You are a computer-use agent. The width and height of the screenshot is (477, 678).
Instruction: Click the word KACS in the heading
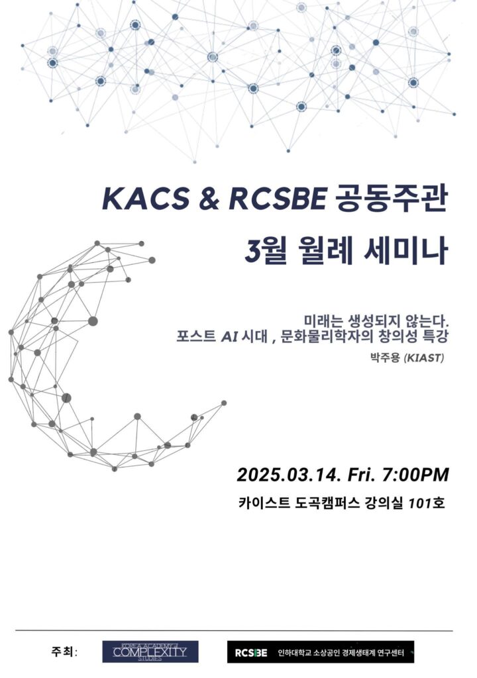click(145, 199)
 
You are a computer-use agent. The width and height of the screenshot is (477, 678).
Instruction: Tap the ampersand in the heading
click(209, 200)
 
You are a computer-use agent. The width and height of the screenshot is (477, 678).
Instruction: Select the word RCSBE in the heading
click(277, 199)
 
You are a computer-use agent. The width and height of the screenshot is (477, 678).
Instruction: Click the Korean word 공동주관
click(390, 199)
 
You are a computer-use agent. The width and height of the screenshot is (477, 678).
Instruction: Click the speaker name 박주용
click(384, 358)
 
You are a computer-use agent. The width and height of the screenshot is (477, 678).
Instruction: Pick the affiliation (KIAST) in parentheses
click(423, 358)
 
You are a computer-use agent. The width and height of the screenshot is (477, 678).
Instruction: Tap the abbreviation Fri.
click(361, 475)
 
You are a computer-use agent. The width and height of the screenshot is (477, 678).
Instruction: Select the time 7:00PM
click(415, 475)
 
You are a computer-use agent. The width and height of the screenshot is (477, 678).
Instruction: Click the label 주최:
click(64, 652)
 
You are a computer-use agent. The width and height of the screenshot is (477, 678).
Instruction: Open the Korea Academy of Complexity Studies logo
click(150, 652)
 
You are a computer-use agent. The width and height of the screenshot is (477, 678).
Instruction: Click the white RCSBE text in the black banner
click(250, 652)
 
